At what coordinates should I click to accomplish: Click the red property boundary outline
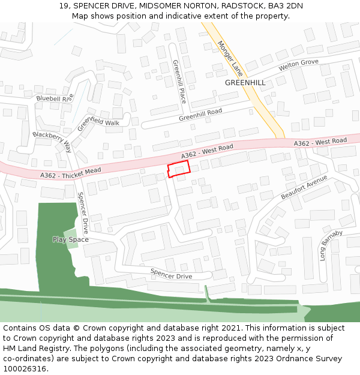tap(178, 169)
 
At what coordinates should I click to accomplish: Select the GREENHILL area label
tap(245, 82)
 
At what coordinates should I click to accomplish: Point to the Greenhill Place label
tap(178, 81)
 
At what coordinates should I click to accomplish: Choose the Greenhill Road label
tap(200, 115)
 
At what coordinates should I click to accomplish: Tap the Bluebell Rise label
tap(55, 98)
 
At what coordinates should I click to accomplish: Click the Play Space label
tap(70, 239)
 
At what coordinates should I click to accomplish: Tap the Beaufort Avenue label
tap(304, 188)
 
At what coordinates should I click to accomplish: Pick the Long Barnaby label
tap(331, 245)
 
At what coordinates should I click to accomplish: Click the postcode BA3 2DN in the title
tap(285, 6)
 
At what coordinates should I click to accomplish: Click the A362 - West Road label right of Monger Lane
tap(320, 142)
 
